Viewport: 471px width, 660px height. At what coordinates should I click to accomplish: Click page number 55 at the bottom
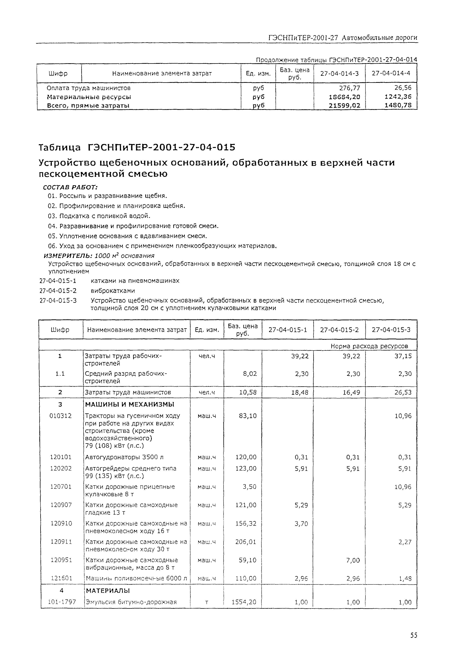(x=414, y=635)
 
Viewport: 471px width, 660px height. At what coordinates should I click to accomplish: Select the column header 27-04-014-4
(x=391, y=73)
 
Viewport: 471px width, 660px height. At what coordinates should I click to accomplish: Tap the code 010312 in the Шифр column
(x=61, y=416)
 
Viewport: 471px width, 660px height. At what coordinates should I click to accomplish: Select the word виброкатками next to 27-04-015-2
(x=113, y=291)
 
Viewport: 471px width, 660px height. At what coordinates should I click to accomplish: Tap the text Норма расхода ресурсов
(x=369, y=346)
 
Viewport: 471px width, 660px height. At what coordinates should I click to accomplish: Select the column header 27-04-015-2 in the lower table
(x=339, y=330)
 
